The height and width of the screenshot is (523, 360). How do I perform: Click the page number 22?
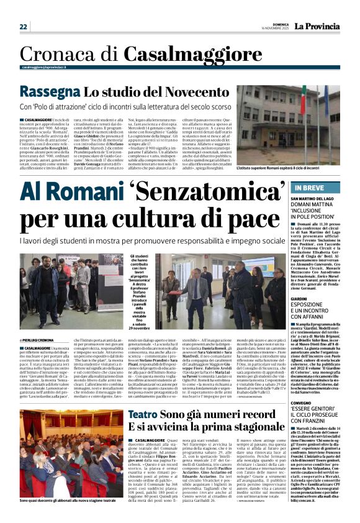click(24, 27)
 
